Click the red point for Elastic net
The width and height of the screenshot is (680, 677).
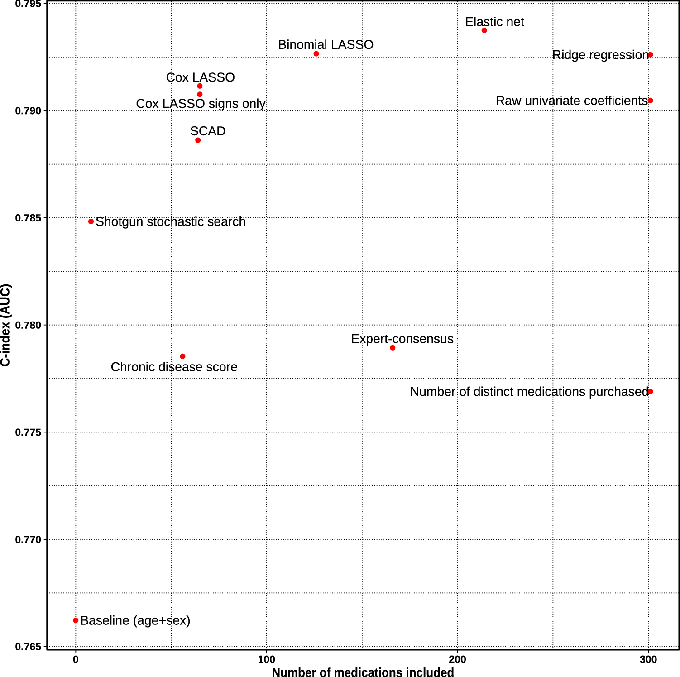[x=484, y=30]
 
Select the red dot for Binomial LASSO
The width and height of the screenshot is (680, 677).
[x=316, y=54]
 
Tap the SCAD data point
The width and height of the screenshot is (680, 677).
[x=198, y=140]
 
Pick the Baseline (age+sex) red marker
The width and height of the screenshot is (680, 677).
[x=76, y=620]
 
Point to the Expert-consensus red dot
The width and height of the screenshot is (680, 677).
[x=393, y=348]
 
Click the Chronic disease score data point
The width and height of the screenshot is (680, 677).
[x=182, y=356]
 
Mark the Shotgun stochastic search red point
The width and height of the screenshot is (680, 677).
[x=91, y=221]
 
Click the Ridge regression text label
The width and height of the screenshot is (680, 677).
[x=600, y=55]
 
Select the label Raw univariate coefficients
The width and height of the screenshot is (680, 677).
[x=571, y=101]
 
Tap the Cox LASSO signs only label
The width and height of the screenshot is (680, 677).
[x=201, y=104]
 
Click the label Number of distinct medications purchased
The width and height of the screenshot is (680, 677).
[x=529, y=392]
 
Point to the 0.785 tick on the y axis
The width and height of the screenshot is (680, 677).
[x=28, y=218]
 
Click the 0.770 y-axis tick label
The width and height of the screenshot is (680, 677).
[x=28, y=540]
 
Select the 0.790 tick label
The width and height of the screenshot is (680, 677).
[x=28, y=111]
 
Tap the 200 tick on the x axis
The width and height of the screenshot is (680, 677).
[x=457, y=659]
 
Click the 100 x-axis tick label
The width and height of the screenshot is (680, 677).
[x=266, y=659]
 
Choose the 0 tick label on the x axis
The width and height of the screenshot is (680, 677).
[x=76, y=659]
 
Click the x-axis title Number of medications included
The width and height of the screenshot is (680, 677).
[x=363, y=672]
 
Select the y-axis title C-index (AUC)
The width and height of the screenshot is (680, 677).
[x=5, y=325]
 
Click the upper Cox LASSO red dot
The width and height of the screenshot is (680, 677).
[x=200, y=86]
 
